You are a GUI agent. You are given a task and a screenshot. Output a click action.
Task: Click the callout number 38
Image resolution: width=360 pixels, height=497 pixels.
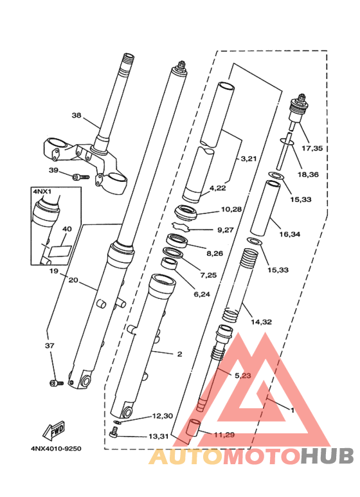coord(76,116)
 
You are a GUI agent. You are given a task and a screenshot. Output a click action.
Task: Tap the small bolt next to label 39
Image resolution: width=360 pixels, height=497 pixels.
coord(78,176)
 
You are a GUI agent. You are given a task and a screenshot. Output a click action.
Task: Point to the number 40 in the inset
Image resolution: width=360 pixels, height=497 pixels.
coord(67,228)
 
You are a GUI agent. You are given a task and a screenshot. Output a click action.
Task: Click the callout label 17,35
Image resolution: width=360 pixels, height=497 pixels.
coord(311,148)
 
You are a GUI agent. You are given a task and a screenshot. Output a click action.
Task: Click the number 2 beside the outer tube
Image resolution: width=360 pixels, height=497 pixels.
coord(179,354)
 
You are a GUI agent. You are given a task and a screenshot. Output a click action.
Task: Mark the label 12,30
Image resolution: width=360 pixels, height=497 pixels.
coord(162,416)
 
